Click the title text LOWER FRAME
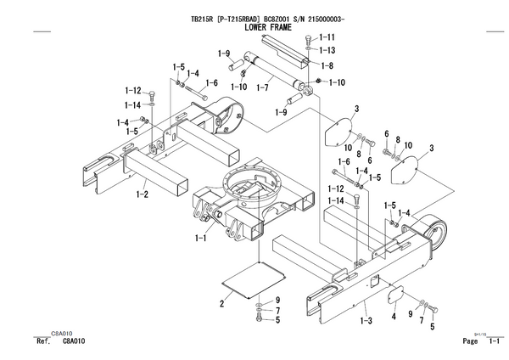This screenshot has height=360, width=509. coord(268,27)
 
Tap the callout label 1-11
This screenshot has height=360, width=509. coord(327,37)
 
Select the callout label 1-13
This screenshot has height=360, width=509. coord(327,50)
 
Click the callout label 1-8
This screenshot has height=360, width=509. coord(327,66)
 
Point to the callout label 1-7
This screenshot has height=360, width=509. coord(262,87)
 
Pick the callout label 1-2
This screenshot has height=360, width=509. coord(143,194)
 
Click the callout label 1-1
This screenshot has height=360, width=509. coord(200,238)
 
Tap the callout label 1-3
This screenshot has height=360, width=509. coord(366,321)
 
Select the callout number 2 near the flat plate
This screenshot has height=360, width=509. coord(221,304)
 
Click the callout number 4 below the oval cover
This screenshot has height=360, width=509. coord(394,316)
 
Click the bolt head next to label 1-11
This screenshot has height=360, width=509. coord(308,40)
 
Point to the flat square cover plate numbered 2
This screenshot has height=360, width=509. coord(254,279)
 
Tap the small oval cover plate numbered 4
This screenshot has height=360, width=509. coord(396,294)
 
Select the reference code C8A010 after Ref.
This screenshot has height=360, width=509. coord(74,340)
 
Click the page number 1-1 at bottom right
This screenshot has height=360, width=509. coord(494,340)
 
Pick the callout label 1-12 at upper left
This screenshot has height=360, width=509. coord(133,90)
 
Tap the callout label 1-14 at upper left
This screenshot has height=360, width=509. coord(133,105)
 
